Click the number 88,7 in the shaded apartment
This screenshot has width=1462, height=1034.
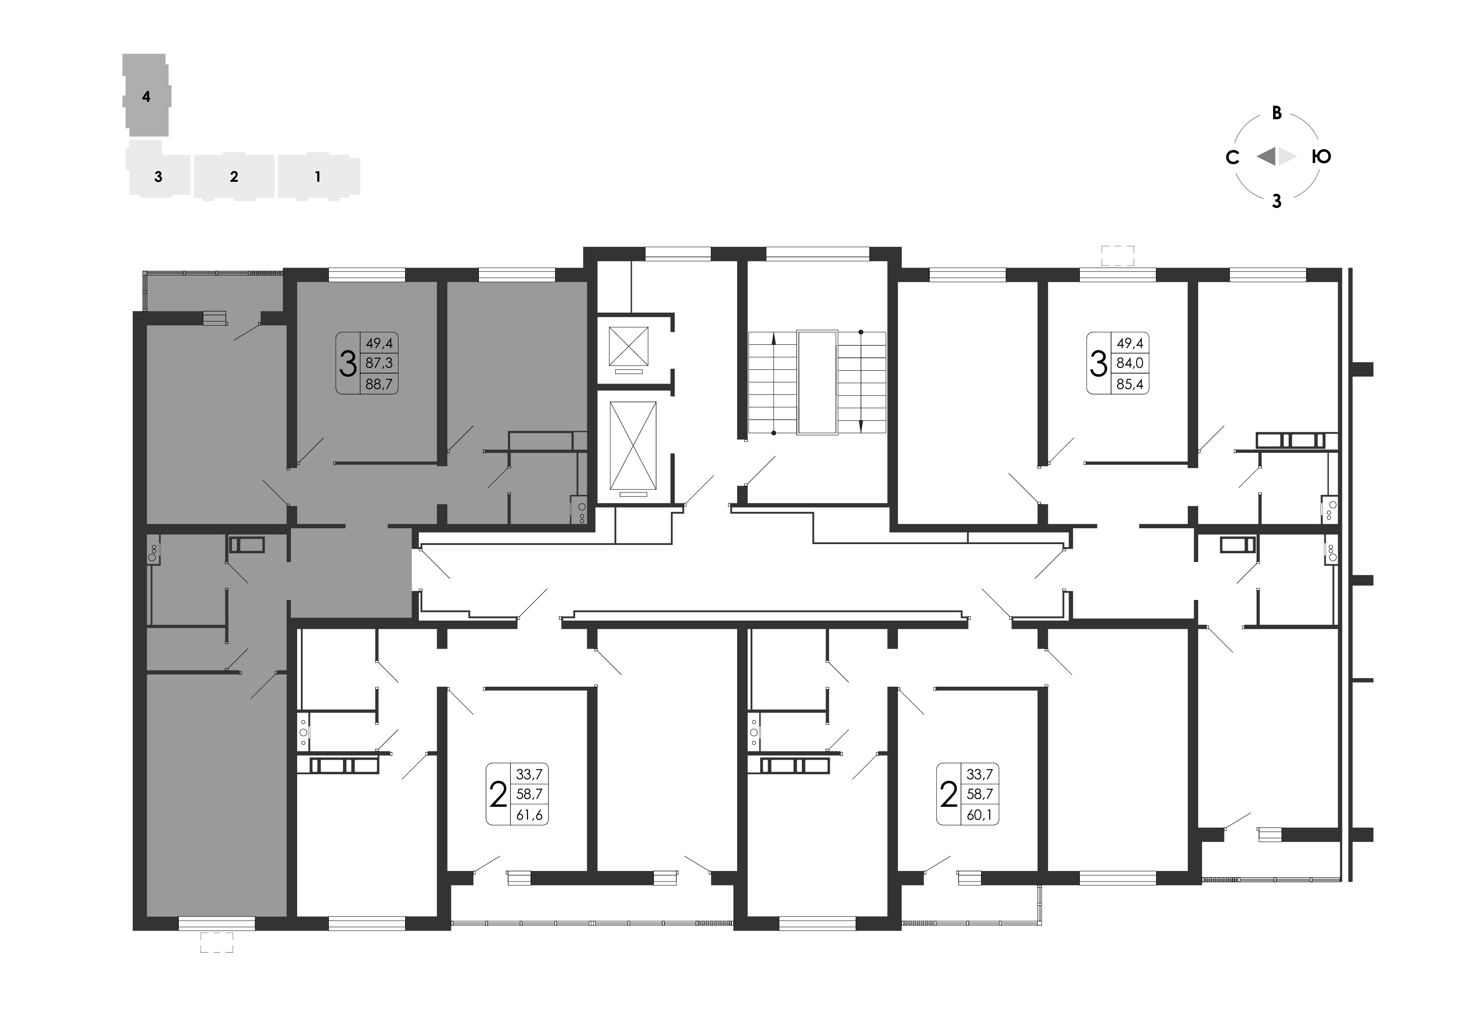(x=379, y=384)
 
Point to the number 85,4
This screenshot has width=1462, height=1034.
(x=1129, y=384)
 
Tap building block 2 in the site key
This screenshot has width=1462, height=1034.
(x=234, y=176)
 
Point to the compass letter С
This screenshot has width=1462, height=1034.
(x=1232, y=157)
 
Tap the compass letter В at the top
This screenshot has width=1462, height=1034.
(x=1277, y=113)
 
